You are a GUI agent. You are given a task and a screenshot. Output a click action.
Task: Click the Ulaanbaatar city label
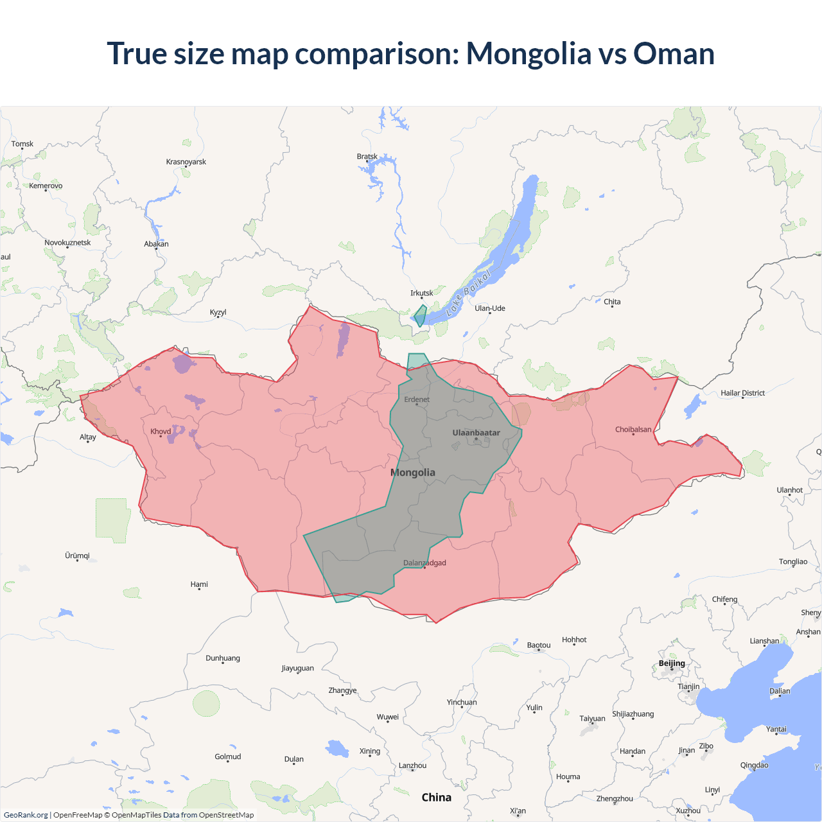[476, 433]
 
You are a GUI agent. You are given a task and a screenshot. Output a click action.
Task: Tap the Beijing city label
[672, 663]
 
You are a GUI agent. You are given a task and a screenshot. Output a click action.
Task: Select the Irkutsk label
[421, 293]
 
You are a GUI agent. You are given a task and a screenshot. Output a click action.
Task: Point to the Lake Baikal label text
[468, 293]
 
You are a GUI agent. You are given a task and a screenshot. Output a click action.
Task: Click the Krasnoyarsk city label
[186, 162]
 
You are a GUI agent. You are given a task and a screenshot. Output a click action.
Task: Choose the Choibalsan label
[633, 430]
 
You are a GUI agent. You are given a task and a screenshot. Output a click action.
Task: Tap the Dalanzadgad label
[424, 563]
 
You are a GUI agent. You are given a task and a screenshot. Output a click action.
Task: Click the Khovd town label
[161, 432]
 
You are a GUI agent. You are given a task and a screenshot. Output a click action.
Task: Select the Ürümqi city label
[77, 555]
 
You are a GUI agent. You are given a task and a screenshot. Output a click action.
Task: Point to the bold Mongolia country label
[413, 473]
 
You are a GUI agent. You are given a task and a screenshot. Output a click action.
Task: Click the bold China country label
[436, 798]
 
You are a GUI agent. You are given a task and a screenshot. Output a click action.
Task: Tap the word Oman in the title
[674, 53]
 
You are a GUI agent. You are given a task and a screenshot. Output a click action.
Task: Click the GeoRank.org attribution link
[26, 815]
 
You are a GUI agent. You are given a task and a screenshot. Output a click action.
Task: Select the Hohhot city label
[574, 640]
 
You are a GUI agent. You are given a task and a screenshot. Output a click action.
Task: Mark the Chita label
[612, 302]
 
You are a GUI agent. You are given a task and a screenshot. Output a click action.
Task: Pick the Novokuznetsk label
[67, 243]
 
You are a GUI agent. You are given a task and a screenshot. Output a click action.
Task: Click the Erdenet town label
[417, 399]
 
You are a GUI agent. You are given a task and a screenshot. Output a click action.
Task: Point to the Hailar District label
[742, 393]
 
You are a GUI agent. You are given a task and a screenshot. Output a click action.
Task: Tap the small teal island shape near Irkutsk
[421, 315]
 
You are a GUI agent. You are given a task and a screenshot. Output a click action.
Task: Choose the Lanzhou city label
[412, 765]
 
